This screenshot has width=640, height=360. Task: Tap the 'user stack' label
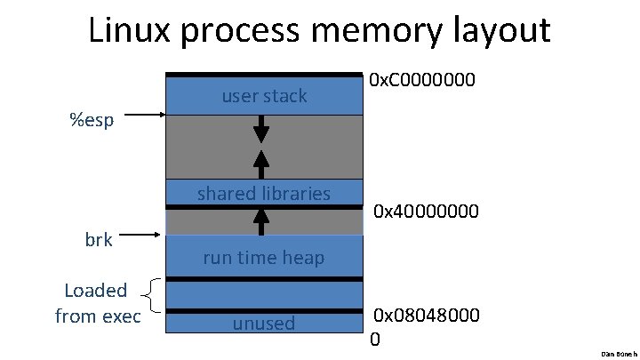coord(264,96)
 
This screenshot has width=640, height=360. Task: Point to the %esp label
coord(92,120)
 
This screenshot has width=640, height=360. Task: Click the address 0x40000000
coord(427,212)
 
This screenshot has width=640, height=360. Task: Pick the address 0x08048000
coord(427,316)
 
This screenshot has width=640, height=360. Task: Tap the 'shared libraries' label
coord(264,193)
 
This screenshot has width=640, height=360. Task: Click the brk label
coord(99,239)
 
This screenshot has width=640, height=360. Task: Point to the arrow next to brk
coord(141,236)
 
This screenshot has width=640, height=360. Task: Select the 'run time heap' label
coord(264,258)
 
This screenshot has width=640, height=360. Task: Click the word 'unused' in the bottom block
coord(264,324)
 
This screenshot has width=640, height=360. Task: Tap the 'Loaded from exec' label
coord(97,302)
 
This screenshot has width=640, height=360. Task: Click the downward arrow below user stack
coord(261,130)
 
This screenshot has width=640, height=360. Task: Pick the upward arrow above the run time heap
coord(261,220)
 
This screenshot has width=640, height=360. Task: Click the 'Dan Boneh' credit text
coord(620,353)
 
